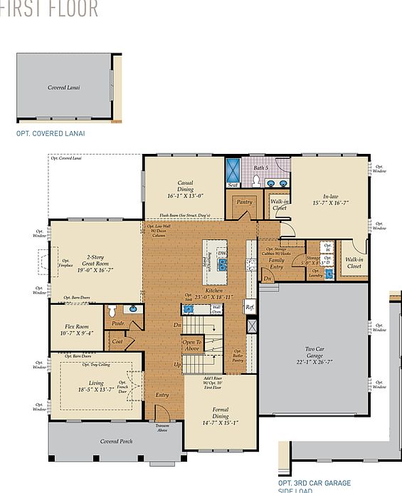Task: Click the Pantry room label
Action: (x=244, y=202)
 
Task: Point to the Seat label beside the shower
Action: (x=233, y=185)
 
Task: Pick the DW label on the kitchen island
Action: (x=222, y=253)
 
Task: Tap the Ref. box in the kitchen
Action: (x=250, y=307)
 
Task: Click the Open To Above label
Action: (x=192, y=346)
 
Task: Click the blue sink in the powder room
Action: (x=132, y=310)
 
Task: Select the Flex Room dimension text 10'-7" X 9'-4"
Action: (x=76, y=331)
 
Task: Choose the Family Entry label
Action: (x=276, y=263)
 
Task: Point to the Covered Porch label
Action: (x=115, y=441)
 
